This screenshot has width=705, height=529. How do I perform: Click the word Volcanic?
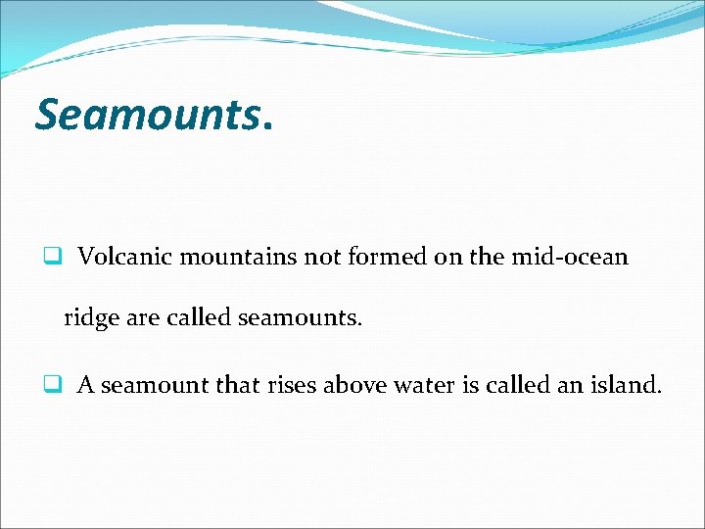tap(120, 257)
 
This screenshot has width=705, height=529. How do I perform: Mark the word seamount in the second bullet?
tap(154, 385)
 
